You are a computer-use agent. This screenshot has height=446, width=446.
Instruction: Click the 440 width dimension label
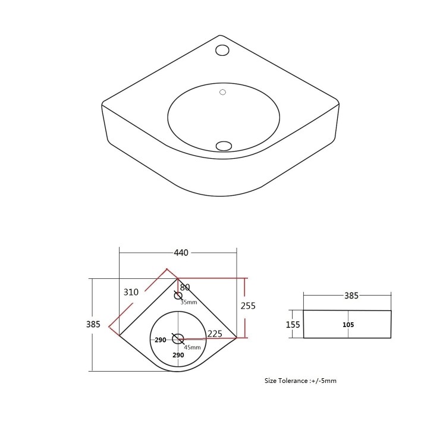pos(181,253)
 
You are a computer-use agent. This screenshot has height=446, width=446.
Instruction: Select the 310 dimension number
pos(131,292)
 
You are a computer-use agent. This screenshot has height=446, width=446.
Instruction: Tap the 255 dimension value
pos(248,306)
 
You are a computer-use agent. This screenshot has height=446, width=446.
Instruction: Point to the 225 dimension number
pos(215,334)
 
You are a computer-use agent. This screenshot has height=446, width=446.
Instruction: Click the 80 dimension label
pos(185,287)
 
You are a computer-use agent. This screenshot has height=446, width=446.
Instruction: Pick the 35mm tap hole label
pos(189,302)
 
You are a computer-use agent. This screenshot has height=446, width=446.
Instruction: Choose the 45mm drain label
pos(192,347)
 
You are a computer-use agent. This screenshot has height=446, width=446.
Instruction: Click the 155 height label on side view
pos(293,325)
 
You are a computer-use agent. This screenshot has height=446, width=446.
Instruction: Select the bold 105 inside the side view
pos(348,325)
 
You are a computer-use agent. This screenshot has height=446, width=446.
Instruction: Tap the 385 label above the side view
pos(351,296)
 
